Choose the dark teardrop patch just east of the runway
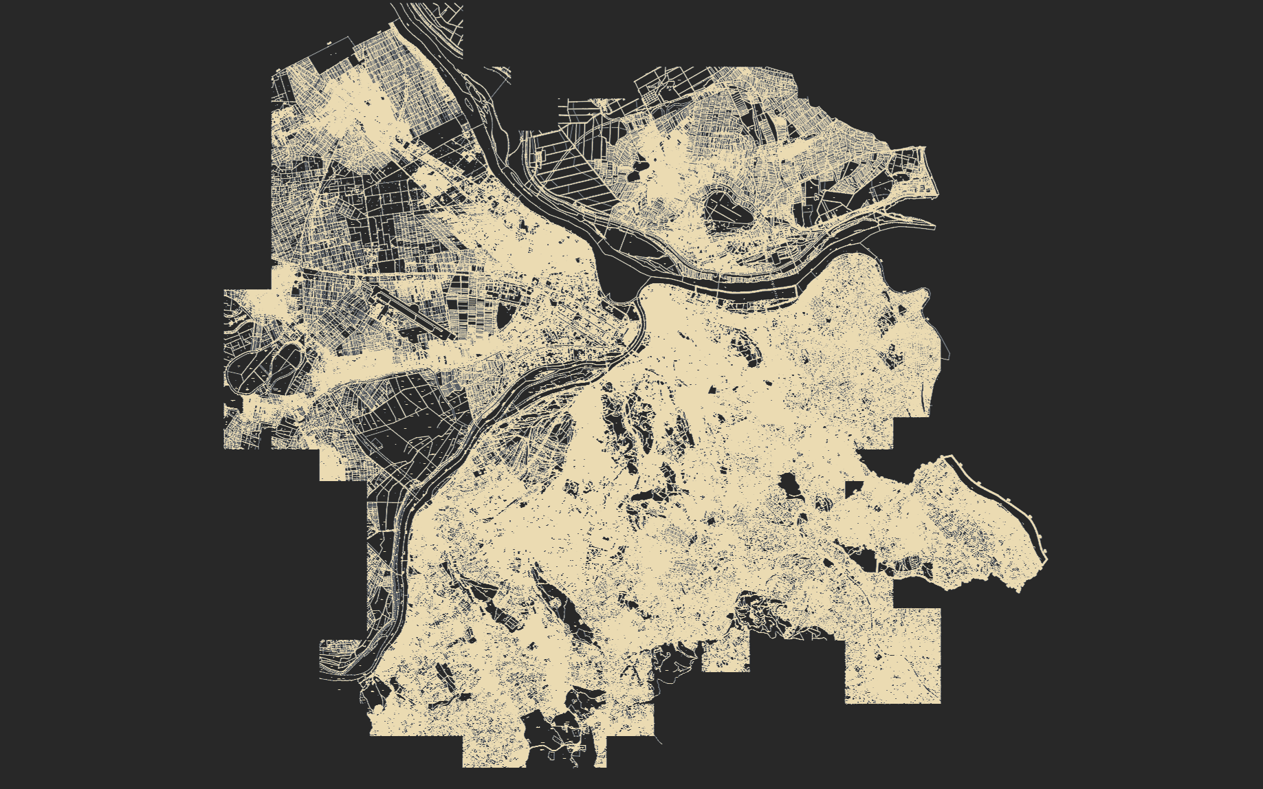coord(504,315)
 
